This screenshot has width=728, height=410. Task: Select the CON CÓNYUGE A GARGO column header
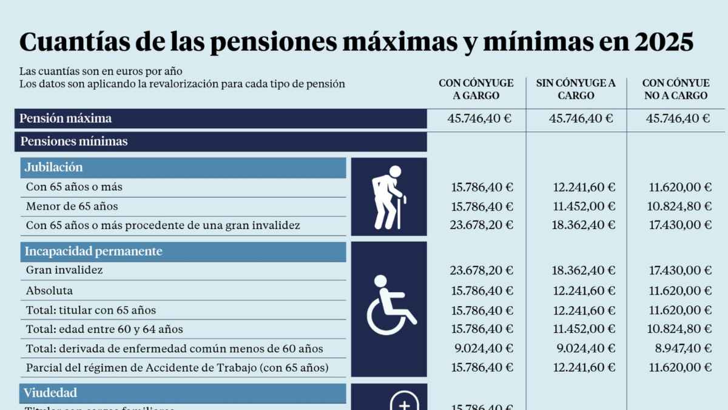[x=476, y=89]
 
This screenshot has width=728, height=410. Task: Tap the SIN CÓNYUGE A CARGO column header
[x=576, y=89]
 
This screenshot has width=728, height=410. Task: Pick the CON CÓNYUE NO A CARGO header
[x=676, y=89]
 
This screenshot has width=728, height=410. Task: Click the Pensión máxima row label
[x=66, y=118]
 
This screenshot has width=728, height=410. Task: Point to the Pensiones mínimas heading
[x=74, y=142]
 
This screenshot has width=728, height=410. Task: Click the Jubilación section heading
[x=54, y=168]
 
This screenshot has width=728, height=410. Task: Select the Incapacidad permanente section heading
[x=93, y=251]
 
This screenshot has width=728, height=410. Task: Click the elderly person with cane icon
[x=389, y=197]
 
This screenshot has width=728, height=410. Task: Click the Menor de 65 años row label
[x=72, y=206]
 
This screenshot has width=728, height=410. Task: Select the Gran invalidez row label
[x=64, y=270]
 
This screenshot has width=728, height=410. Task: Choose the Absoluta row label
[x=49, y=290]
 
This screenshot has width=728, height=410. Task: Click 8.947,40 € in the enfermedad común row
[x=680, y=349]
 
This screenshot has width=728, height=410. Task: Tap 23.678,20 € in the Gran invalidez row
[x=480, y=270]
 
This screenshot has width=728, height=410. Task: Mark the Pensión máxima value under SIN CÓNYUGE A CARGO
[x=581, y=118]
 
